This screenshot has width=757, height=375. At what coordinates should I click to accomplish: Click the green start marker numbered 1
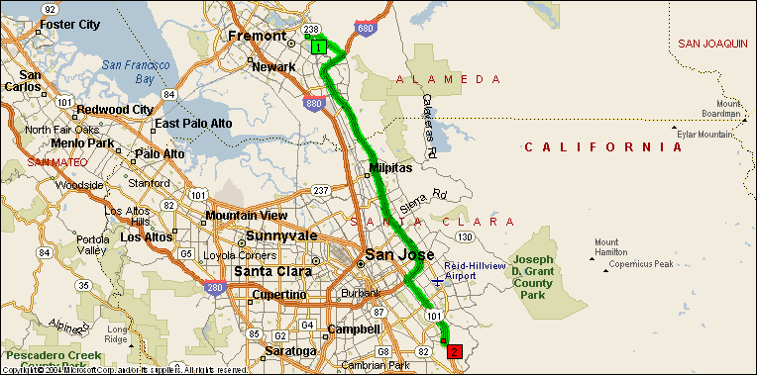click(318, 47)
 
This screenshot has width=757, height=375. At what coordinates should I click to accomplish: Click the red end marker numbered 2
click(454, 350)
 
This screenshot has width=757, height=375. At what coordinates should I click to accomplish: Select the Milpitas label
click(389, 168)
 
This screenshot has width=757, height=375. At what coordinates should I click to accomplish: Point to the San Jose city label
click(399, 255)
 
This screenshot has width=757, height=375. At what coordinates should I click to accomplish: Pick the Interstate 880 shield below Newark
click(313, 102)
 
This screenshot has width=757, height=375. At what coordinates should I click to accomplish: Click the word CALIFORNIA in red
click(603, 147)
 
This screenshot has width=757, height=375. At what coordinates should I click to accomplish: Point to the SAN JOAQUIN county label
click(712, 44)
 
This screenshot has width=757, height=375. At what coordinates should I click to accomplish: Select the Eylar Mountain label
click(708, 133)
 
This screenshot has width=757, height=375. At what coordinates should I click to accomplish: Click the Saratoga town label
click(290, 351)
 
